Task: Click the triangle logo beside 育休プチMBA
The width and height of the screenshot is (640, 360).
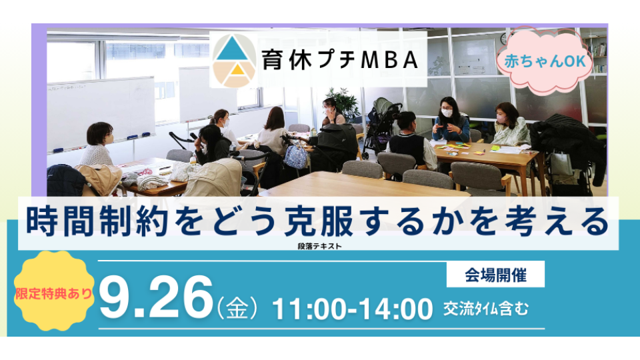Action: point(234,61)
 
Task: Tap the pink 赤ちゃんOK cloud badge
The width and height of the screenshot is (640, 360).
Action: point(545,61)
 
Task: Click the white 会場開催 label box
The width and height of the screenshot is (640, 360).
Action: point(495,274)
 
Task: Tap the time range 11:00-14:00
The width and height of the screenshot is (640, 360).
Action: point(352,309)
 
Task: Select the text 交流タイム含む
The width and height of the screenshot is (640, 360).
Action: point(486,309)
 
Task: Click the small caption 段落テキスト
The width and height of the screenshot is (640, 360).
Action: point(319,246)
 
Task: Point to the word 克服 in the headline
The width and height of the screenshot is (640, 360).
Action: point(319,221)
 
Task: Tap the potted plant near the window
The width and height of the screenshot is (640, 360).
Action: point(344,103)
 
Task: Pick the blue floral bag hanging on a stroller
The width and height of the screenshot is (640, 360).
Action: point(295,156)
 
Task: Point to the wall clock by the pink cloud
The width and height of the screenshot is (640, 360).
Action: point(505,39)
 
